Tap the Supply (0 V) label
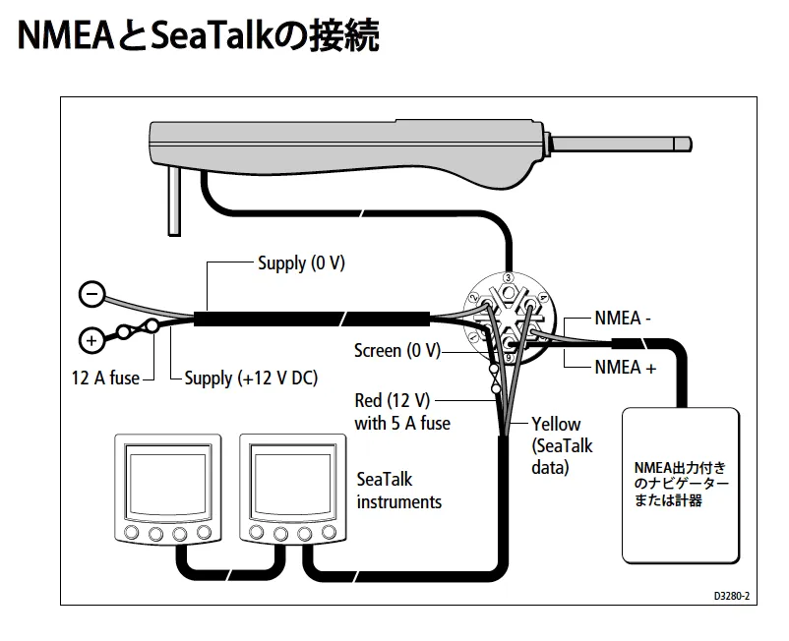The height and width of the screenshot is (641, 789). click(x=302, y=263)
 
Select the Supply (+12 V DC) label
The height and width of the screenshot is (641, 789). click(x=251, y=379)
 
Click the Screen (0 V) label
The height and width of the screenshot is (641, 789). click(x=397, y=350)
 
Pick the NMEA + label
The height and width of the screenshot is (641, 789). click(x=625, y=368)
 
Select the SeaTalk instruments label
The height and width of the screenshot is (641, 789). click(x=398, y=491)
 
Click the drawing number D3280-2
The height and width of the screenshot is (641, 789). click(x=731, y=596)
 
